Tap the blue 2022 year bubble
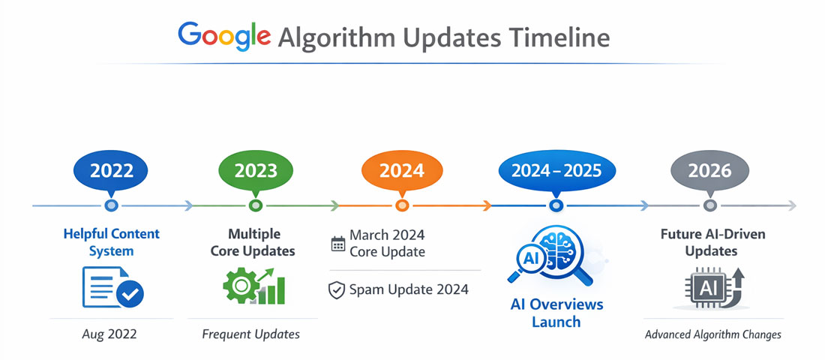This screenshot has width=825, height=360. pyautogui.click(x=112, y=170)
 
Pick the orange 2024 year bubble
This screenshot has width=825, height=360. pyautogui.click(x=402, y=170)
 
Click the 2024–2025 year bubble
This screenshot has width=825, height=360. pyautogui.click(x=556, y=170)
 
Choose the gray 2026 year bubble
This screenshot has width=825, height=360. pyautogui.click(x=709, y=170)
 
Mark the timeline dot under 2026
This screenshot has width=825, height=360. pyautogui.click(x=709, y=205)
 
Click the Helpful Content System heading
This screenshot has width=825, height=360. pyautogui.click(x=111, y=242)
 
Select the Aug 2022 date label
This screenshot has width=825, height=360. pyautogui.click(x=111, y=334)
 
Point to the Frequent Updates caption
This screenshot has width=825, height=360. pyautogui.click(x=250, y=334)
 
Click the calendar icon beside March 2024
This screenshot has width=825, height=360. pyautogui.click(x=338, y=243)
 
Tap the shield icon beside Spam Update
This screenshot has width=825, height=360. pyautogui.click(x=337, y=289)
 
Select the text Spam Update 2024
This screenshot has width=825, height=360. pyautogui.click(x=409, y=289)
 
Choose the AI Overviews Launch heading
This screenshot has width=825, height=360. pyautogui.click(x=556, y=313)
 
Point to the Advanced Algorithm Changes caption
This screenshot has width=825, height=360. pyautogui.click(x=712, y=334)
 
